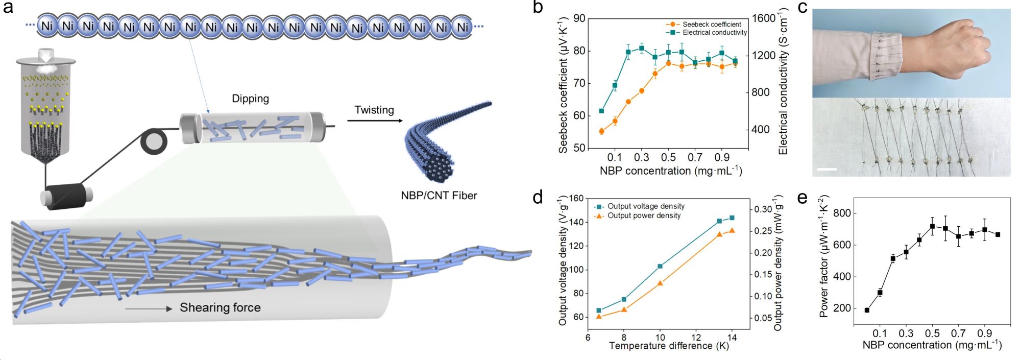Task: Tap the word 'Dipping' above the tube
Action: pos(250,99)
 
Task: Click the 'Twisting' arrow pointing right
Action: pos(375,121)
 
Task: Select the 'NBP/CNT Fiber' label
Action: pos(439,195)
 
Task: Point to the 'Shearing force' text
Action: pos(220,307)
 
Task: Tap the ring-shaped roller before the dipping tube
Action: pos(154,141)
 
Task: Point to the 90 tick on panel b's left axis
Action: pos(579,19)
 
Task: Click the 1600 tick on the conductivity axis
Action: pos(763,18)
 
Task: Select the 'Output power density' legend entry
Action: pos(644,215)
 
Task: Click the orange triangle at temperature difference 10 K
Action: pos(660,282)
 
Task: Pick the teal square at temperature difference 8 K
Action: pos(624,299)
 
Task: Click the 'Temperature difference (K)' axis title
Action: pos(669,346)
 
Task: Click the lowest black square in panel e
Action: pos(867,310)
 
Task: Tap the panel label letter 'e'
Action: pos(802,198)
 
